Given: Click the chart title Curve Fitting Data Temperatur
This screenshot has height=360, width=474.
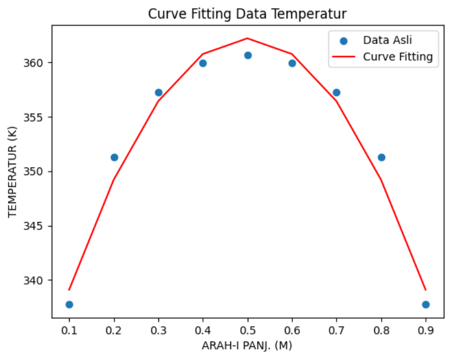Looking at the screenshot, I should coord(247,13).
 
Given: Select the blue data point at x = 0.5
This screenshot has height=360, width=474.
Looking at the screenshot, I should coord(248,55).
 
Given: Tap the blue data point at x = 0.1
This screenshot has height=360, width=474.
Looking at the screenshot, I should coord(70,304).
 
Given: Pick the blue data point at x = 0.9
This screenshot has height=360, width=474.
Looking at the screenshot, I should coord(426,304).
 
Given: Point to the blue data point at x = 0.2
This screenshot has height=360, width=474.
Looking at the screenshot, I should coord(114,157).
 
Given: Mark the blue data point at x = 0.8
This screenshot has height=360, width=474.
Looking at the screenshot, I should coord(381,157).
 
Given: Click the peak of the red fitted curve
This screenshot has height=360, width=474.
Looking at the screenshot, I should coord(248,38).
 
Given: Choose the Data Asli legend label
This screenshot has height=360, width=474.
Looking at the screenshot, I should coord(383,41).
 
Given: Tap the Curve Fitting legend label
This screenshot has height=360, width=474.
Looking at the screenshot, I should coord(397,57).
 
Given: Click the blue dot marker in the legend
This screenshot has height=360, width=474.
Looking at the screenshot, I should coord(343,41).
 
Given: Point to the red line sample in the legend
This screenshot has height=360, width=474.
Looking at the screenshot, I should coord(343,57).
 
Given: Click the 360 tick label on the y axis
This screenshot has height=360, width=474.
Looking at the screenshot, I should coord(38,63).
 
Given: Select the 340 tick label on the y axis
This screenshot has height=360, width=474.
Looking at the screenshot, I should coord(38,281).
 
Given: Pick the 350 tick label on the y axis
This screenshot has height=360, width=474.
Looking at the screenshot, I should coord(38,172).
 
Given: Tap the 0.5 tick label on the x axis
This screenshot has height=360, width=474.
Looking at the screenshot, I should coord(248,330).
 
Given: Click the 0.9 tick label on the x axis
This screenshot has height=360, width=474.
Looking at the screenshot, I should coord(426,330).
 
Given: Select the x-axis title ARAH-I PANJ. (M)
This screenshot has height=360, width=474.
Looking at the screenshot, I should coord(247,346).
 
